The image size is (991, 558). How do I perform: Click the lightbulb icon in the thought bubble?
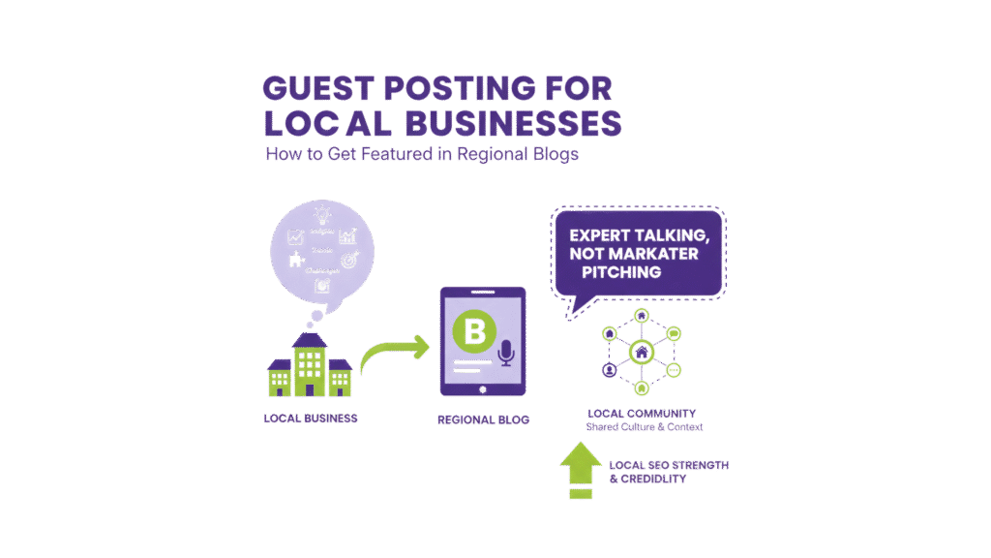point(321,214)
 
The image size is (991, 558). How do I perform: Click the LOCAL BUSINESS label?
point(310,419)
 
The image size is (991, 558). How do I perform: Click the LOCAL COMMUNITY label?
point(642,414)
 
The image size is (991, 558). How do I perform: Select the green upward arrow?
point(579,471)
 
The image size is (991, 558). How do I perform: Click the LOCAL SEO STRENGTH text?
point(669,466)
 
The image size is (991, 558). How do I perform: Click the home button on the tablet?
point(482,387)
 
